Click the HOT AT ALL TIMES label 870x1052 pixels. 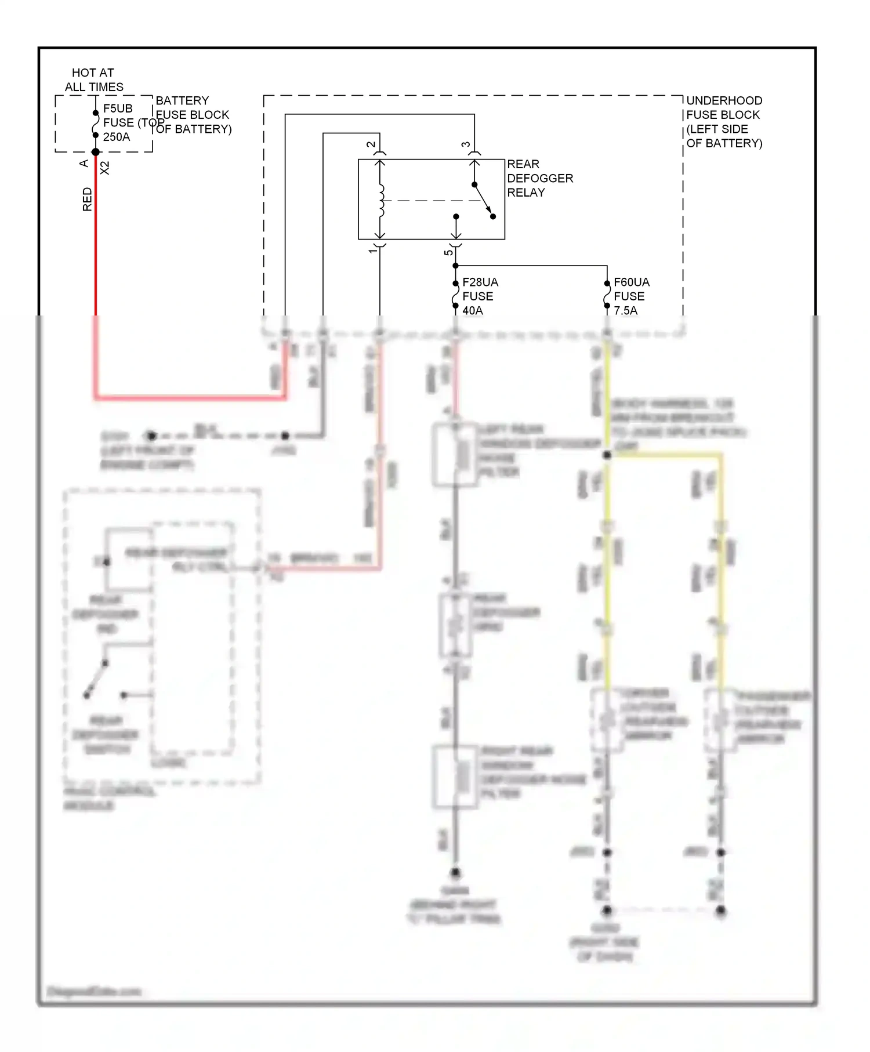(93, 80)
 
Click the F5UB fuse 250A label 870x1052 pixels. (118, 123)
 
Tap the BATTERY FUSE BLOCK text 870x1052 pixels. (193, 115)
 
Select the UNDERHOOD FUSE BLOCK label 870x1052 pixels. (723, 122)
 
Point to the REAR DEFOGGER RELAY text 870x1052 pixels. (539, 178)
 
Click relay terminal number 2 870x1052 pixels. (371, 144)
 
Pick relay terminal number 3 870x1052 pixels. (466, 144)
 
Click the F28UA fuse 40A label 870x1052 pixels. (480, 296)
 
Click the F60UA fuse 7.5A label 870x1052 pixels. (631, 296)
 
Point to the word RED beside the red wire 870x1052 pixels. (88, 199)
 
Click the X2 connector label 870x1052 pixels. (105, 168)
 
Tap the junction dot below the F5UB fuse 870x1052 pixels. (96, 153)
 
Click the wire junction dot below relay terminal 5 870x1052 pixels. (456, 266)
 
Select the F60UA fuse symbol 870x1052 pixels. (607, 296)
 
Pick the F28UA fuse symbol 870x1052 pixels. (456, 296)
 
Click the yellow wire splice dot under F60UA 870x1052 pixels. (607, 455)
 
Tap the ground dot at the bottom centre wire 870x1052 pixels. (456, 873)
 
